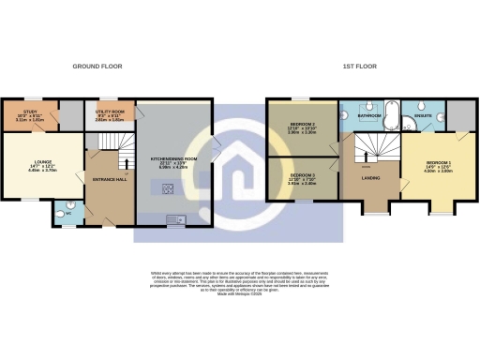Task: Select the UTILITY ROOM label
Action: click(x=110, y=112)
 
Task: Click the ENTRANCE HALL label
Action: click(x=108, y=179)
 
